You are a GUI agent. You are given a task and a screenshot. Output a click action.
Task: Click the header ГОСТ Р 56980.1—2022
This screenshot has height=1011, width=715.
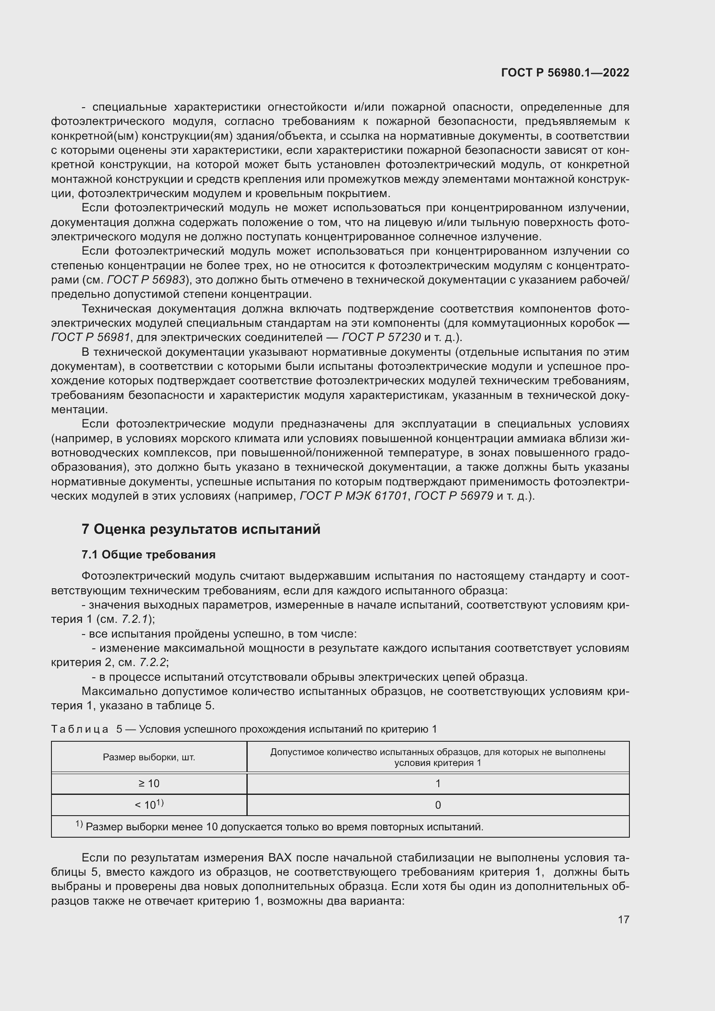[x=565, y=73]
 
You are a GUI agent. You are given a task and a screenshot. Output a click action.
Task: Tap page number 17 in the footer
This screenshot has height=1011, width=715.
[x=623, y=919]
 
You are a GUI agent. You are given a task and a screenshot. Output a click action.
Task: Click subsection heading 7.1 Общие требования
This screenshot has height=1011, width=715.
[x=148, y=555]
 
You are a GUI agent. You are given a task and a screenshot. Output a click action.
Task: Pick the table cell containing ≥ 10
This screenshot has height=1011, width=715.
[x=149, y=783]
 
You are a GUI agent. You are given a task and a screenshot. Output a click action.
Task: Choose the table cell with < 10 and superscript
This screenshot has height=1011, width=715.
[x=149, y=805]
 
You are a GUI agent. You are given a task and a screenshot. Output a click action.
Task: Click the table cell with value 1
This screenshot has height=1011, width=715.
[x=437, y=783]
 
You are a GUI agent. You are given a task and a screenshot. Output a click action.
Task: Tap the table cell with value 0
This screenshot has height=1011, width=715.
[x=437, y=805]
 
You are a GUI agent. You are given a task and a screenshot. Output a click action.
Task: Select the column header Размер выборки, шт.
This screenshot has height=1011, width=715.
[x=149, y=757]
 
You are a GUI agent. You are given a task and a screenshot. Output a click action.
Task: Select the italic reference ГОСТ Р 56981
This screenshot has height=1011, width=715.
[x=91, y=338]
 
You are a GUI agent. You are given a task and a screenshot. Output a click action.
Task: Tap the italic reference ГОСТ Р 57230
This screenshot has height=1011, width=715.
[x=381, y=338]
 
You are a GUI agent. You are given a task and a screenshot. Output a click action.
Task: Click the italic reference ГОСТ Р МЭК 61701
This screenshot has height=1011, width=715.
[x=354, y=496]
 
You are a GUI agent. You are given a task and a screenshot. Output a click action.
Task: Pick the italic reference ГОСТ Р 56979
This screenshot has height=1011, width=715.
[x=454, y=496]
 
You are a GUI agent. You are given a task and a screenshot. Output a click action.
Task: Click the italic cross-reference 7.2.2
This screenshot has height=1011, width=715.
[x=152, y=663]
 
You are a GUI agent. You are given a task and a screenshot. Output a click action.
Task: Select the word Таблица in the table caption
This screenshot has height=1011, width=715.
[x=80, y=729]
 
